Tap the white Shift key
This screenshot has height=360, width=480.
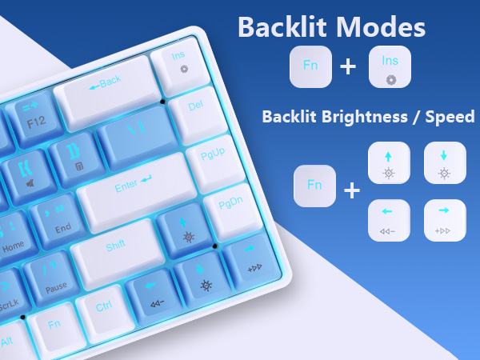pyautogui.click(x=116, y=245)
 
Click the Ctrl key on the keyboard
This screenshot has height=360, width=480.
pyautogui.click(x=105, y=305)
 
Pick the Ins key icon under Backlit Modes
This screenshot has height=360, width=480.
pyautogui.click(x=390, y=66)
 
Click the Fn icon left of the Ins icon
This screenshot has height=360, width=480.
pyautogui.click(x=310, y=66)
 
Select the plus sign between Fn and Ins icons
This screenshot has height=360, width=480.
pyautogui.click(x=348, y=66)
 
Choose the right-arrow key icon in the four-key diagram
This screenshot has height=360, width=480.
pyautogui.click(x=445, y=219)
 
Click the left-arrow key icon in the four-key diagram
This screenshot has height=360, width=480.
pyautogui.click(x=389, y=219)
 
